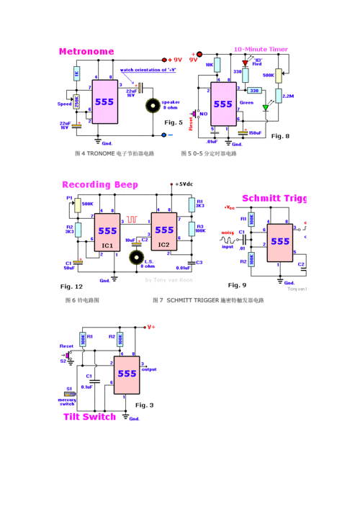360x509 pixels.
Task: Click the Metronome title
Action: [86, 52]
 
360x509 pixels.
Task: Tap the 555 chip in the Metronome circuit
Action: [104, 102]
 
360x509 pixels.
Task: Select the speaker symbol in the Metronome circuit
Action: [153, 105]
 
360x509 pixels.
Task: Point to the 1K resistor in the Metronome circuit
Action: [76, 73]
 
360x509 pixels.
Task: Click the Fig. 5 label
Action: [174, 123]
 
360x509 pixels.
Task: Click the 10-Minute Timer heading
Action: [261, 49]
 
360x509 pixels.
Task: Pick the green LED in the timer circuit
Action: [265, 108]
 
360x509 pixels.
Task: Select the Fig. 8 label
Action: [280, 136]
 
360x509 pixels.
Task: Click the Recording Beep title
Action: [99, 185]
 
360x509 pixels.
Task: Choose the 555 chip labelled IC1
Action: [107, 231]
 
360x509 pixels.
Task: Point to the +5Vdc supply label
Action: [183, 184]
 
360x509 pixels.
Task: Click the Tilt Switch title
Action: [89, 417]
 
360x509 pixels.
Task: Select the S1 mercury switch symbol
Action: [70, 395]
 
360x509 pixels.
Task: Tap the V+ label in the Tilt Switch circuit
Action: [150, 327]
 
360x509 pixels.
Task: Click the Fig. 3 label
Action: [145, 405]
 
